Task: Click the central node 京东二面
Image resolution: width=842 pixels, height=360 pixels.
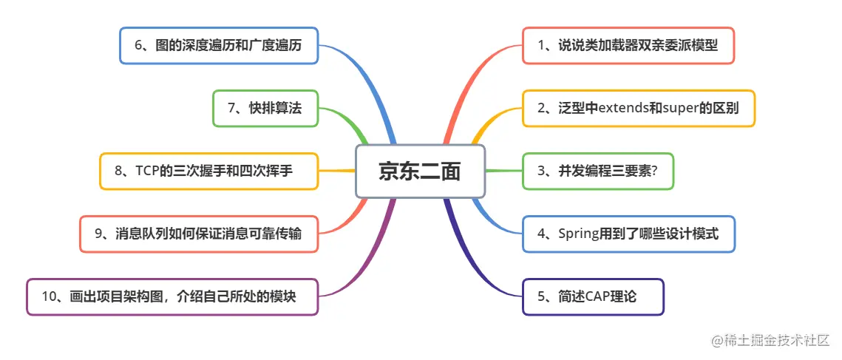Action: coord(420,171)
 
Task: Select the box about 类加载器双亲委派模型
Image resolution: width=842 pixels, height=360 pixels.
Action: coord(628,46)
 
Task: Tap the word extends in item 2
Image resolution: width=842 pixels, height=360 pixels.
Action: coord(620,109)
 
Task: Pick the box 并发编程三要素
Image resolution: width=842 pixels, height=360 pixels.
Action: coord(598,171)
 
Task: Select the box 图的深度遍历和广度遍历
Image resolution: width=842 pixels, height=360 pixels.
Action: coord(219,46)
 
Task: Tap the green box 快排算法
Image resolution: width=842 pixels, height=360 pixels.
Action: coord(265,109)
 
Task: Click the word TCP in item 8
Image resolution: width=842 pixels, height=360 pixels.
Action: coord(148,171)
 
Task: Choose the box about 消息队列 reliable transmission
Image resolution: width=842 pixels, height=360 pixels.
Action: coord(199,234)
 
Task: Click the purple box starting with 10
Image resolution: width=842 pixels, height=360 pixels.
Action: coord(172,297)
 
